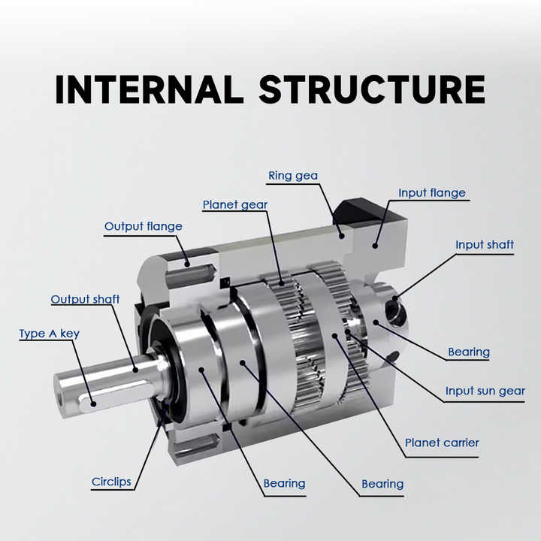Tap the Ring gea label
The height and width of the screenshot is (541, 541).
(293, 176)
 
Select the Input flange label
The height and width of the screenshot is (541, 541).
(431, 193)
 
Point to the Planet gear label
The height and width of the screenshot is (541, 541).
(234, 204)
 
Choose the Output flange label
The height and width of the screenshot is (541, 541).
(143, 226)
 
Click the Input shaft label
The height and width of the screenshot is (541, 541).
(485, 245)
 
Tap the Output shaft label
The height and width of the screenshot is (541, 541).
(85, 300)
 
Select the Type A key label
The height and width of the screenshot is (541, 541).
(49, 334)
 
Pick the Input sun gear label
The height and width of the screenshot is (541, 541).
(485, 391)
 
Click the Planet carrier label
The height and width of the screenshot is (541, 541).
(442, 443)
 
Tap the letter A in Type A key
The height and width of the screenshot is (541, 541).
(53, 334)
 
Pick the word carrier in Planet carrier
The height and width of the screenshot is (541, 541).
(460, 443)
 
